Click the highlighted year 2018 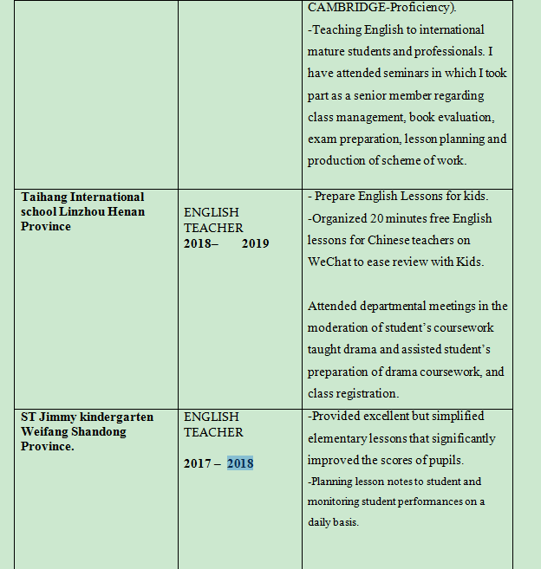(240, 463)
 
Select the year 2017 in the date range (197, 463)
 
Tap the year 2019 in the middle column (255, 243)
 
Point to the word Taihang (44, 197)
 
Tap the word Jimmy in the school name (58, 417)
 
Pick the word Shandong (100, 431)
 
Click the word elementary (343, 438)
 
